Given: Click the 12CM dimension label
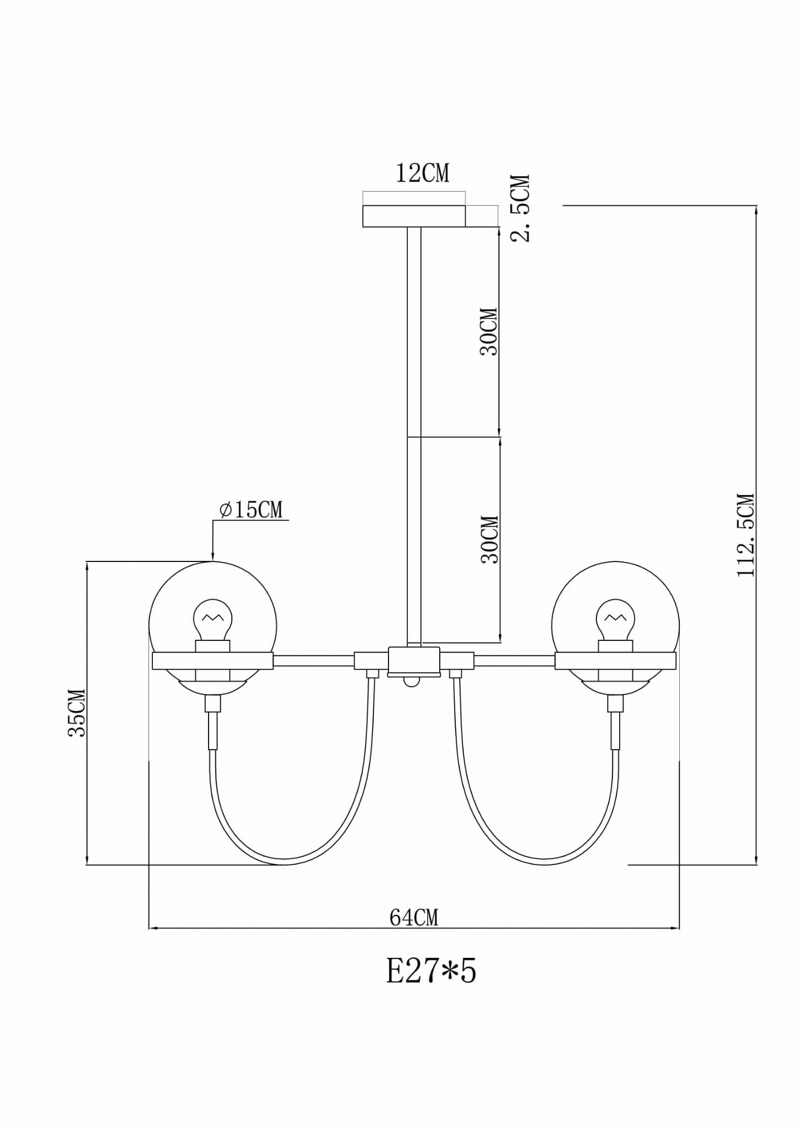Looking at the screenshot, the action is click(423, 173).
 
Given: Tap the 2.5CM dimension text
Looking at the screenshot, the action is click(520, 208).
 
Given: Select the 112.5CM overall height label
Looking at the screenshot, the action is click(745, 535).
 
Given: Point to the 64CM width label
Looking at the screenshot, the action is click(414, 917).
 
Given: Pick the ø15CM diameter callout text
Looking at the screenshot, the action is click(251, 510).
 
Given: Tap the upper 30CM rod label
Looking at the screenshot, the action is click(489, 331).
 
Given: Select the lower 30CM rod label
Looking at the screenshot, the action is click(489, 539).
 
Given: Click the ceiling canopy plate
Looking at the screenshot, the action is click(414, 216).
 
